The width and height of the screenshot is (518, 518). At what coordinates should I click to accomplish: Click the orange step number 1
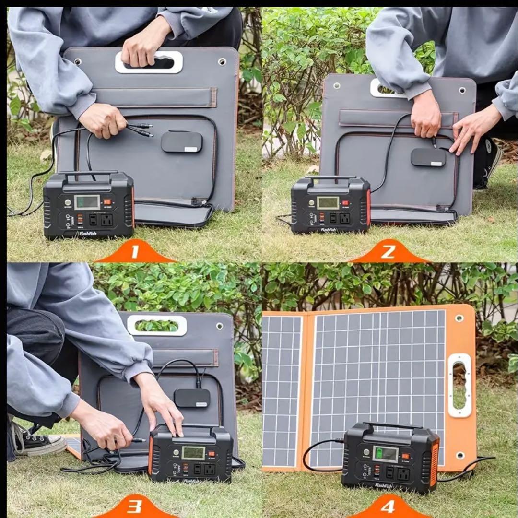135,252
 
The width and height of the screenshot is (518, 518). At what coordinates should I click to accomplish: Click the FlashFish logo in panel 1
88,234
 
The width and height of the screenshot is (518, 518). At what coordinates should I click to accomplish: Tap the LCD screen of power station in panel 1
87,202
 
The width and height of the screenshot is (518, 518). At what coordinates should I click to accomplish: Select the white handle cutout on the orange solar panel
459,385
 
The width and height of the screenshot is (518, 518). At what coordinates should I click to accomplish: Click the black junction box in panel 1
181,142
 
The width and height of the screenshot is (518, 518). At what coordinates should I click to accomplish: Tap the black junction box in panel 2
428,157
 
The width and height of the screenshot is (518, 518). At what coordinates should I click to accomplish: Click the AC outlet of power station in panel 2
344,218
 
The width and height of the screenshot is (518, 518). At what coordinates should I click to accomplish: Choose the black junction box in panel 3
192,398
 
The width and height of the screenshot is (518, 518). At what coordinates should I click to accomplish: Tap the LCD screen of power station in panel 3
194,453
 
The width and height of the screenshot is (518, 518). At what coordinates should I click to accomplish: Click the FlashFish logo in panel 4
384,486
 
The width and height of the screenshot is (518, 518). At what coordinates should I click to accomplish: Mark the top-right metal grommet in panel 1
222,62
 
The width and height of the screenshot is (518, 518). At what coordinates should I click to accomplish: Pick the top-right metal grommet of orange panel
459,318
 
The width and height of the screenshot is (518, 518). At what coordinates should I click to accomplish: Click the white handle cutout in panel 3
157,325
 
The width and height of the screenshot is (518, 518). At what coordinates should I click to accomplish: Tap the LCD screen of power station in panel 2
328,202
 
